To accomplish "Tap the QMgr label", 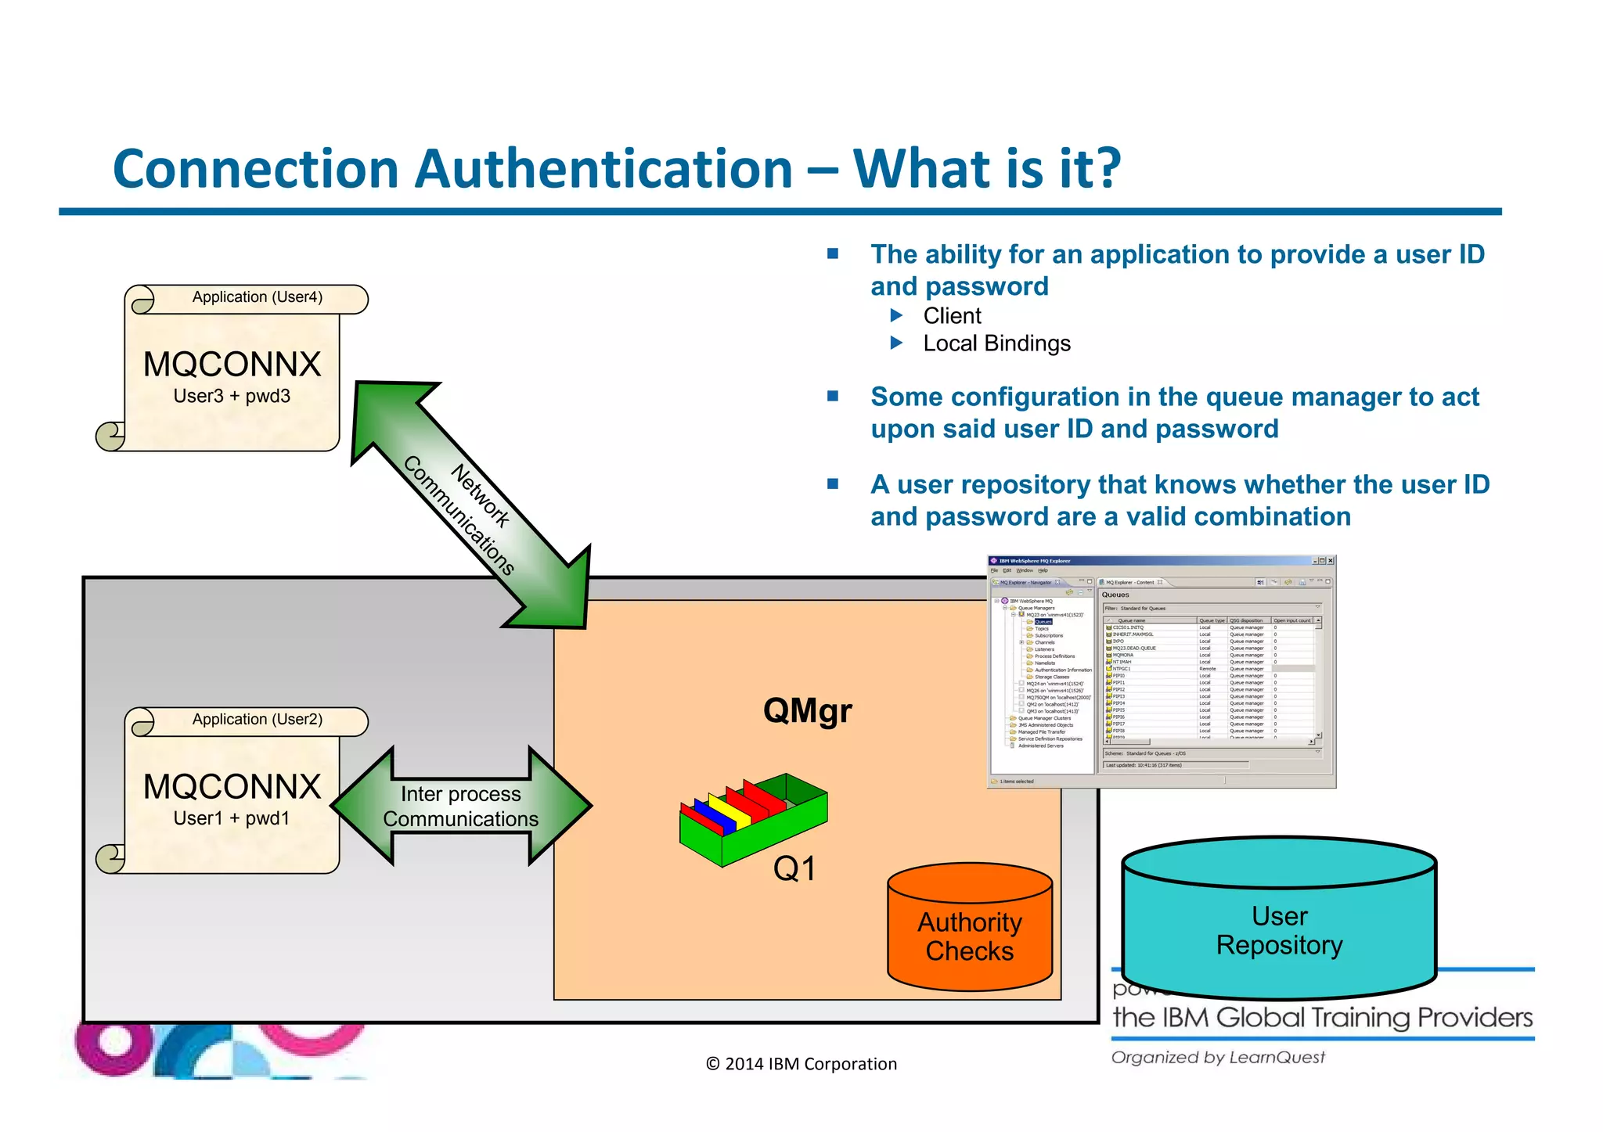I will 807,711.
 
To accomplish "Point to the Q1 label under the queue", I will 794,869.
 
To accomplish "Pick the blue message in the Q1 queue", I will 714,818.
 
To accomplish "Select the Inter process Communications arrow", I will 461,806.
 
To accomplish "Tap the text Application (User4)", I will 258,297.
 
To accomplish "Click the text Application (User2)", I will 258,720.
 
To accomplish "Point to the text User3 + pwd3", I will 232,397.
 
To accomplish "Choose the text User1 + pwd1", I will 232,818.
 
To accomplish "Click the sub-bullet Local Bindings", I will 996,343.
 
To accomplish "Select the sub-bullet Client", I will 952,316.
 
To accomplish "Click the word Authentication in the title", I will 603,169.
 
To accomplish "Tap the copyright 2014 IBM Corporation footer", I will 801,1064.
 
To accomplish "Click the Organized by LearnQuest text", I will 1218,1058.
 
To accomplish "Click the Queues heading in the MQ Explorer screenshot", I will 1115,595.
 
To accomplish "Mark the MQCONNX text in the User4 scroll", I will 232,365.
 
